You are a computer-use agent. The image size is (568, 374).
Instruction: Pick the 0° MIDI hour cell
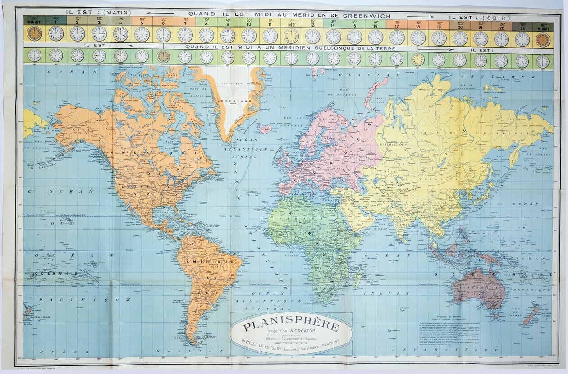coord(291,21)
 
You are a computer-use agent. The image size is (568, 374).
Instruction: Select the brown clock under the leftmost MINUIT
coord(34,33)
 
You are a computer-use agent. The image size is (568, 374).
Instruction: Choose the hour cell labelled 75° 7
coord(185,21)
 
